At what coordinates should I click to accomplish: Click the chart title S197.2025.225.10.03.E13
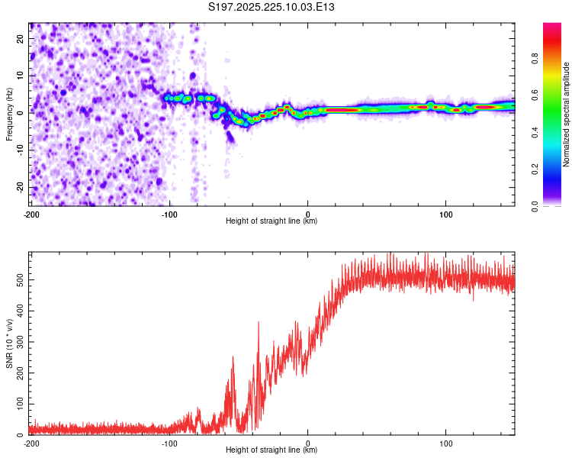pos(272,7)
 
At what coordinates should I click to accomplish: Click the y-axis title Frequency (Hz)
pos(9,114)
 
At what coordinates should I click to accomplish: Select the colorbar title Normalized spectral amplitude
pos(567,114)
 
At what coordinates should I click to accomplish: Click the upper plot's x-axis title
pos(272,221)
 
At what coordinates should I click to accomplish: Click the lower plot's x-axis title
pos(272,450)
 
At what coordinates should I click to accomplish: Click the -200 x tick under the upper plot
pos(31,213)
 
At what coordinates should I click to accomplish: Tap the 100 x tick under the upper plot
pos(446,213)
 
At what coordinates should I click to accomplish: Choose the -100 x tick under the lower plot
pos(169,443)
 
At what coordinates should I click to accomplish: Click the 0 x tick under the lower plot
pos(308,443)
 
